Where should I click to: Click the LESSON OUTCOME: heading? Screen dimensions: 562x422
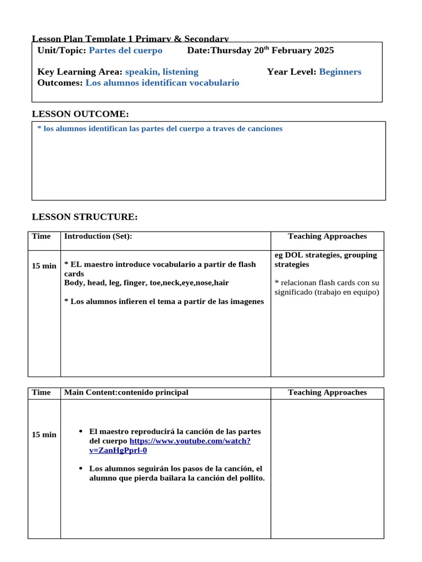pos(80,114)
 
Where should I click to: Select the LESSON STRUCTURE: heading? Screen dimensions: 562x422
pos(85,217)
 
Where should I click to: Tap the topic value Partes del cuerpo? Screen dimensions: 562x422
pos(125,50)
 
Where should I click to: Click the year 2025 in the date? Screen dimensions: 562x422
pos(324,50)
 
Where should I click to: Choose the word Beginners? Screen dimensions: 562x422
pos(340,72)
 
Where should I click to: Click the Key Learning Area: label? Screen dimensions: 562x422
pos(80,72)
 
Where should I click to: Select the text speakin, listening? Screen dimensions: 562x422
pos(162,72)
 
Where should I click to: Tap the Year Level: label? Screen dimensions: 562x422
pos(291,72)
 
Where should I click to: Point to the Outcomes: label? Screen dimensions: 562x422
pos(60,83)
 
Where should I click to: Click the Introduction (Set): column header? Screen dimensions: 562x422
pos(98,237)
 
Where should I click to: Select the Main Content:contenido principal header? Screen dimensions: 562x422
pos(126,392)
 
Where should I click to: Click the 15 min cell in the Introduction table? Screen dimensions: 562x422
pos(44,266)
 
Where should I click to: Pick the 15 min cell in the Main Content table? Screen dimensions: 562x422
pos(44,435)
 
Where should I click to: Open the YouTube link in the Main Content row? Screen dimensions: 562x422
pos(190,441)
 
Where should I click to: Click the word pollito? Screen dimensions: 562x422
pos(249,478)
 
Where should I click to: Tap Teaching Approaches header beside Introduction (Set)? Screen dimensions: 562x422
pos(327,237)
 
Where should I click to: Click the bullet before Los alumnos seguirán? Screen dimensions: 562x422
pos(81,468)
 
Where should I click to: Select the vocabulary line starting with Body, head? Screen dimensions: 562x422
pos(146,283)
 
